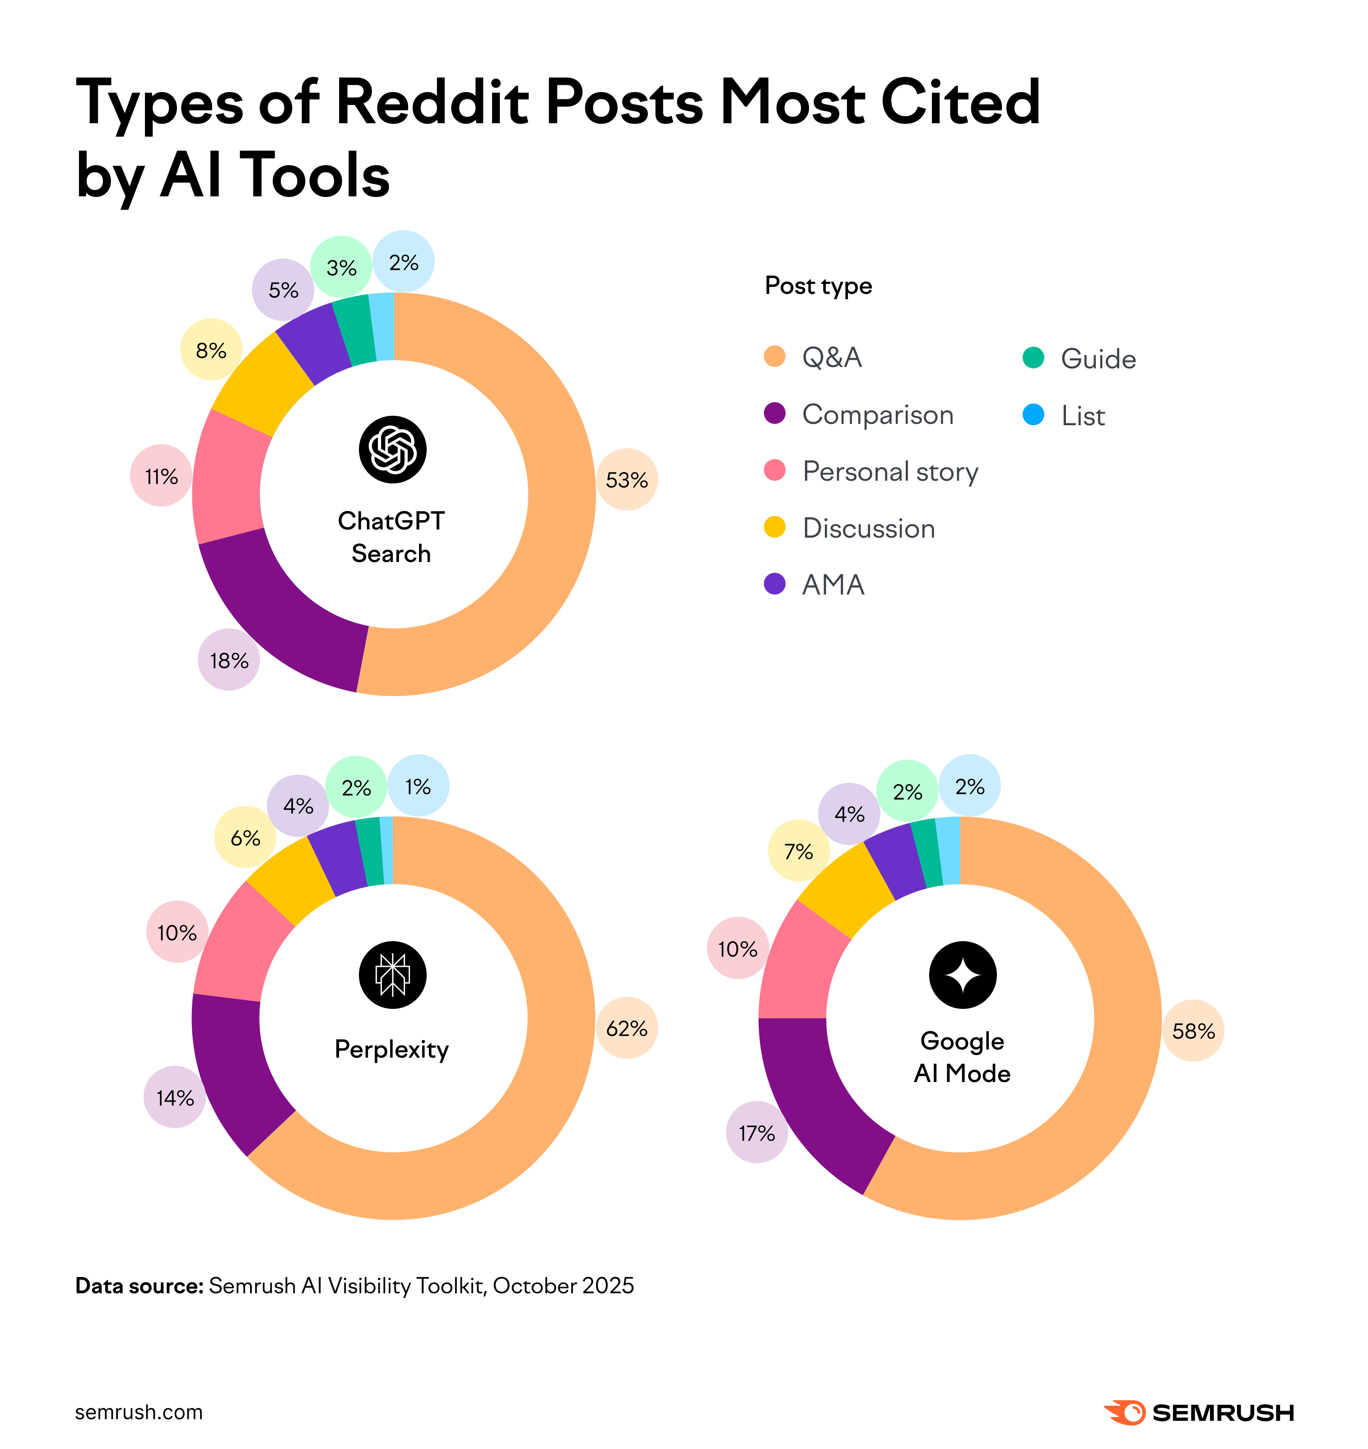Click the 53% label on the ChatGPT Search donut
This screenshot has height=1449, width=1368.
626,480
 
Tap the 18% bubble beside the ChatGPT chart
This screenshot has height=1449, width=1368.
229,660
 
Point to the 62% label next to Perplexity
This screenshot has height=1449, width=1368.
626,1028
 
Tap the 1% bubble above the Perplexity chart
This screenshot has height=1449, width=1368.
418,786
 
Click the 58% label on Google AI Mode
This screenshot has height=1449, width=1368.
1193,1031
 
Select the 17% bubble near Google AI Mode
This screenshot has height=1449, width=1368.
757,1133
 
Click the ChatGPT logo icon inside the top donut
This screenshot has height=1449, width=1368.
392,449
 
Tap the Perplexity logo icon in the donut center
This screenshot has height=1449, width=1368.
392,975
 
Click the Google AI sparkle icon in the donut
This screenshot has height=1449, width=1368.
962,975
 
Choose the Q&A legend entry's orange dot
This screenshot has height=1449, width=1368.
774,357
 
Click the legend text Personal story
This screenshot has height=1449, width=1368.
889,471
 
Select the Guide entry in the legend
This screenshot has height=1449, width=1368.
1098,358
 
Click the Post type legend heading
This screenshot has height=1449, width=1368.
818,285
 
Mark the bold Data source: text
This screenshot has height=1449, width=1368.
139,1286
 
